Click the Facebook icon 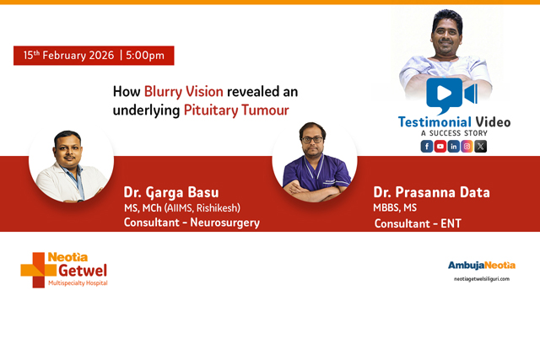point(427,146)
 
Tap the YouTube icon point(440,146)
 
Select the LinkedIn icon point(454,146)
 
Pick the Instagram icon point(467,146)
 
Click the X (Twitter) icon point(481,146)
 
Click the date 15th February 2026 point(68,56)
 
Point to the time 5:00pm point(145,56)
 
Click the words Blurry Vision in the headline point(183,91)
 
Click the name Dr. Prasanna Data point(431,192)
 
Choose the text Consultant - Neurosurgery point(192,223)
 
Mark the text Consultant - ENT point(418,223)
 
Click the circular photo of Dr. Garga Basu point(71,164)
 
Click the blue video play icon point(450,95)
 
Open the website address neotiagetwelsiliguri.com point(482,278)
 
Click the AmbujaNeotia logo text point(481,265)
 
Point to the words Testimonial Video point(454,122)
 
